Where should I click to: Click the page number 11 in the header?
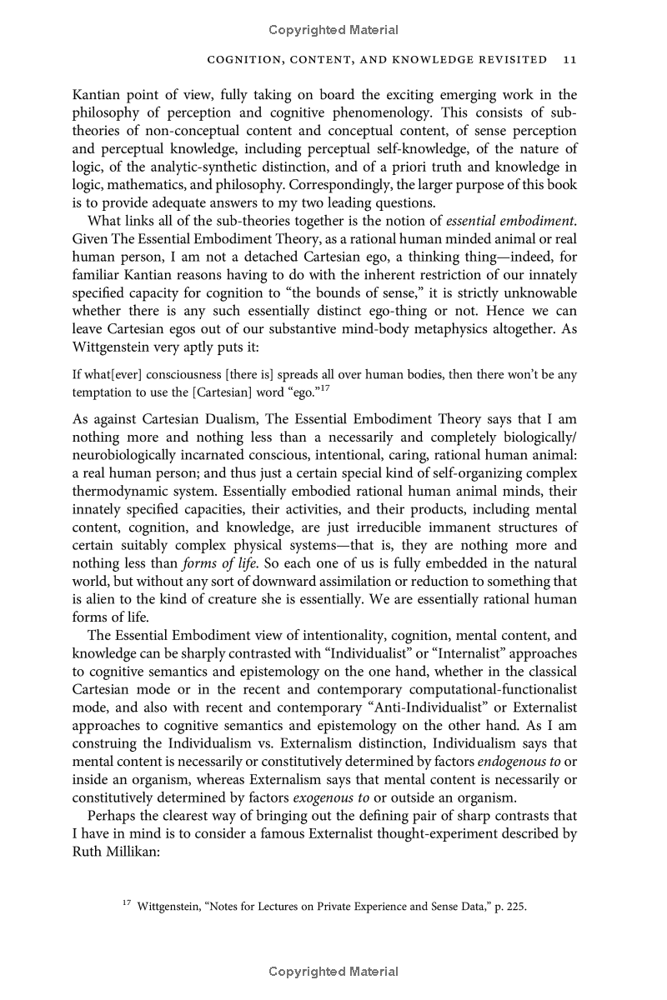(570, 60)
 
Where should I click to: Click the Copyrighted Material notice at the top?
(333, 30)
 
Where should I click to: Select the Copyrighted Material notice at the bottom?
(333, 972)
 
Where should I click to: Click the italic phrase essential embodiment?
(510, 220)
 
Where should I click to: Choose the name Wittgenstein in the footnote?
(175, 907)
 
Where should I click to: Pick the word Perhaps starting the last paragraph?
(113, 816)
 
